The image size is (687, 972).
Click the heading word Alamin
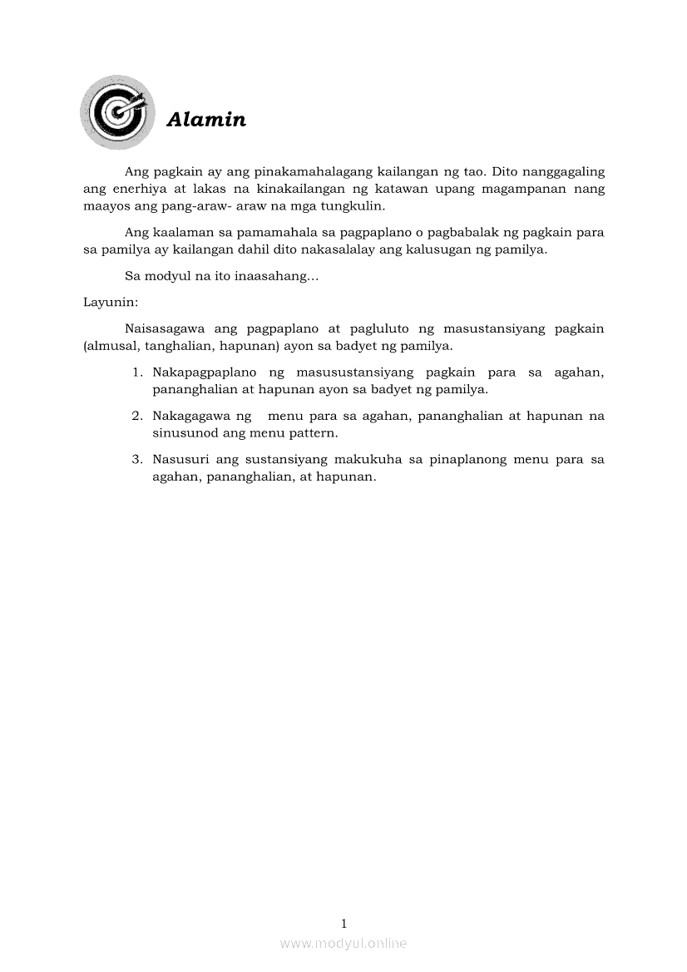(206, 120)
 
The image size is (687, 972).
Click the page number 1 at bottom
(343, 923)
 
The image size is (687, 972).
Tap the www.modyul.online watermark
(343, 943)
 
